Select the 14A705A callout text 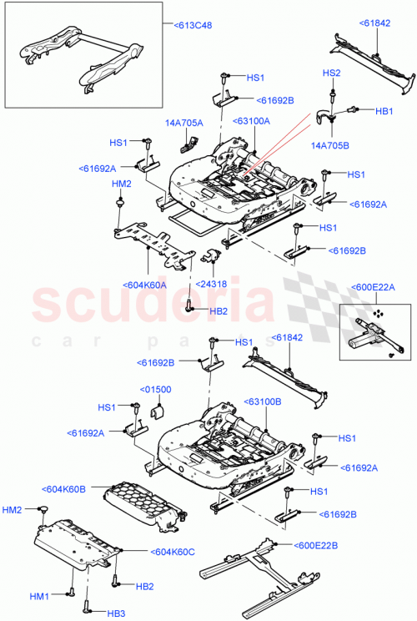point(184,123)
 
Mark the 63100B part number point(264,401)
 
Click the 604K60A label point(148,285)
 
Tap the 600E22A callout point(375,288)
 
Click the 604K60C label point(173,552)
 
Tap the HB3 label point(117,613)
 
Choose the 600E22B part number point(314,546)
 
